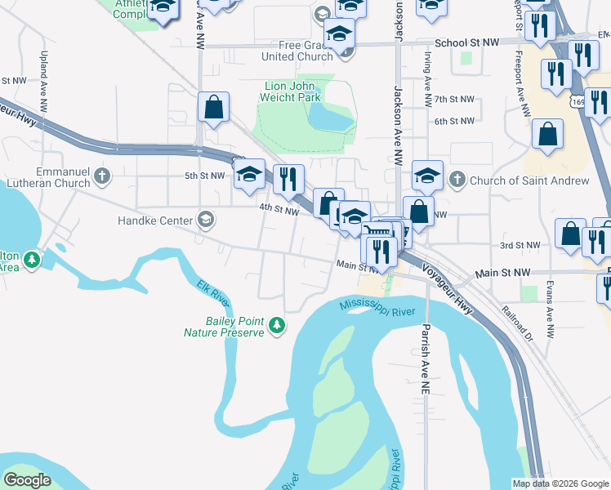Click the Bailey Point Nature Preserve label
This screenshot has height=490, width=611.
234,327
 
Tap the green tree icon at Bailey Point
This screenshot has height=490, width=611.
278,326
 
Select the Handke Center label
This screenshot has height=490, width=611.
154,220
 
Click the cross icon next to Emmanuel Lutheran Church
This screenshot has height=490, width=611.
101,176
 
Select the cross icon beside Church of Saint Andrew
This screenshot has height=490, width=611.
457,179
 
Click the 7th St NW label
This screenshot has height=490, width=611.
454,99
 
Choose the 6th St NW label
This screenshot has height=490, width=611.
454,121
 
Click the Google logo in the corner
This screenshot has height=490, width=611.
27,480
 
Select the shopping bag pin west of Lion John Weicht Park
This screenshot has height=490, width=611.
213,108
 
